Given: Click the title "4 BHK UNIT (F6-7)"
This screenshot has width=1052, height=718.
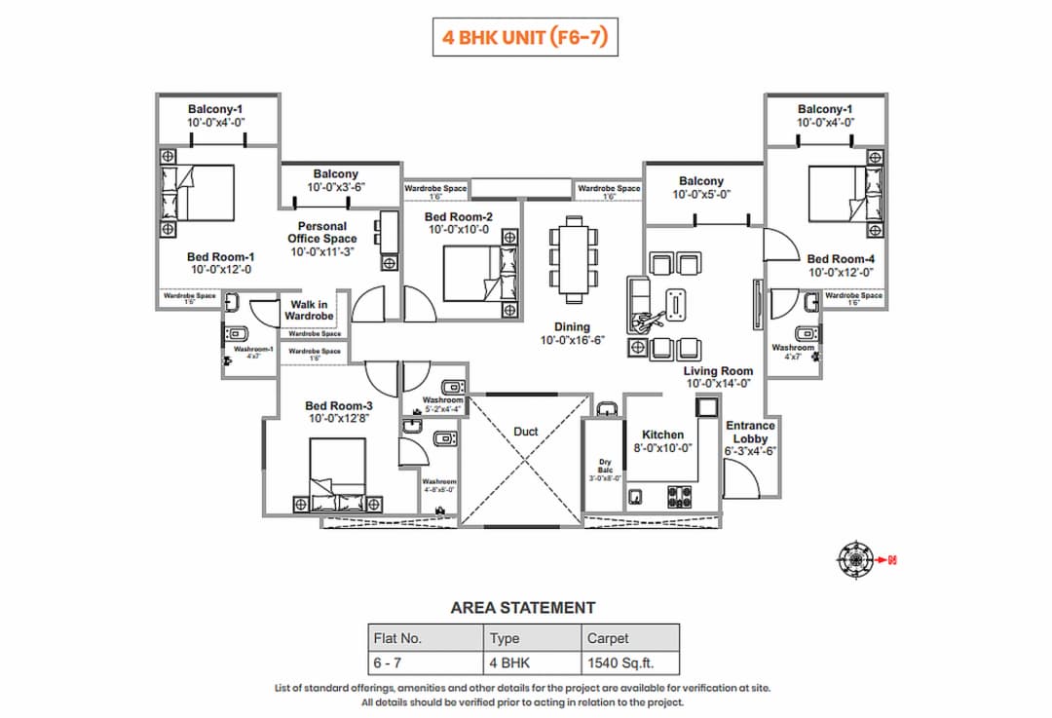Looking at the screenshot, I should coord(526,38).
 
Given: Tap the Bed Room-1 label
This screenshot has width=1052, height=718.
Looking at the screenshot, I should coord(220,257).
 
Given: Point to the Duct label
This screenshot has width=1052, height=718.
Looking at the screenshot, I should coord(525,431).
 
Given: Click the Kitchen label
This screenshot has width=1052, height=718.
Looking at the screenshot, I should coord(662,435).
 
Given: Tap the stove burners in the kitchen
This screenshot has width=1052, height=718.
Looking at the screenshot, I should coord(679,496).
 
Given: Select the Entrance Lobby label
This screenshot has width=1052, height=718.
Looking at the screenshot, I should coord(750,432).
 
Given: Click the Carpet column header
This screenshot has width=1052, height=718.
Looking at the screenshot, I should coord(608,638).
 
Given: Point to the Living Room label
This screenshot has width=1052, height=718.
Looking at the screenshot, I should coord(718,371).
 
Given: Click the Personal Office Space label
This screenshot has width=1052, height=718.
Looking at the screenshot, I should coord(322,232).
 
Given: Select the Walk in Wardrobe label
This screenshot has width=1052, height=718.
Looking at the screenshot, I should coord(309,310).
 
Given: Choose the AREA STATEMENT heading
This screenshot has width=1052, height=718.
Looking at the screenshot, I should coord(522,607).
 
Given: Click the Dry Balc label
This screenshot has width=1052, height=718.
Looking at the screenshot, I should coord(604,466).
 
